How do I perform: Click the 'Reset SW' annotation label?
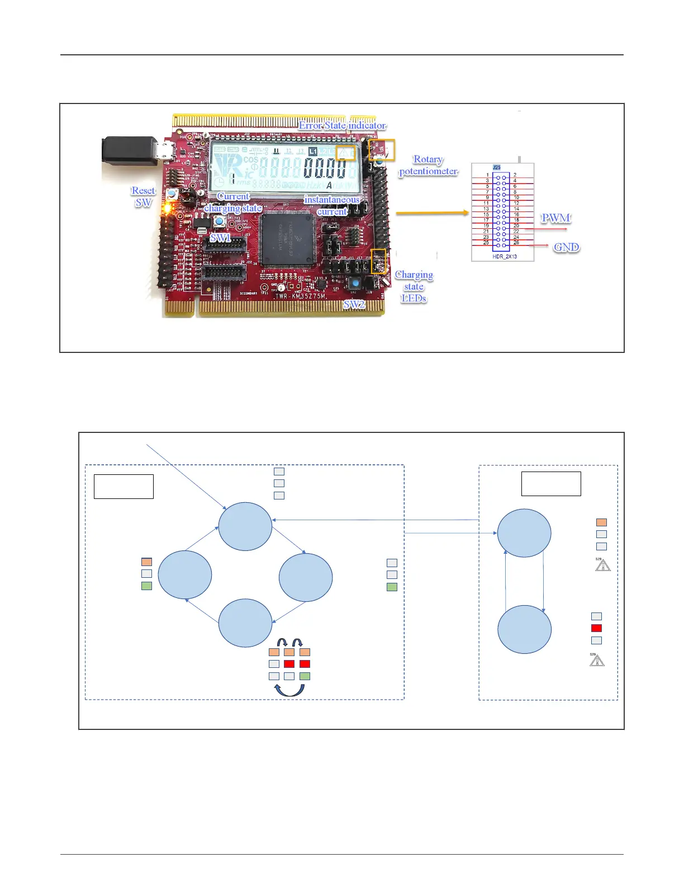143,196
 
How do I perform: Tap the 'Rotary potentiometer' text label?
428,166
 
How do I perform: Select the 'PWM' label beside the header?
555,218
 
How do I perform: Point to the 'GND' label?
566,247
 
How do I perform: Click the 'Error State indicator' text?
342,125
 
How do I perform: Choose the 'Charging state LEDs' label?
414,286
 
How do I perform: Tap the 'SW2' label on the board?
354,304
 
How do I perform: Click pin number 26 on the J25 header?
516,243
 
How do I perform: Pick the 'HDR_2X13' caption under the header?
504,256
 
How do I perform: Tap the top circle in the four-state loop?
245,526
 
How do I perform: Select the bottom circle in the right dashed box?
524,629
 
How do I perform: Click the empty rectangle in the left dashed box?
123,486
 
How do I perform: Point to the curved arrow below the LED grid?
289,691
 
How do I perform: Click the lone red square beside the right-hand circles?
596,628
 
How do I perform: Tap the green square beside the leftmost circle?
146,586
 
